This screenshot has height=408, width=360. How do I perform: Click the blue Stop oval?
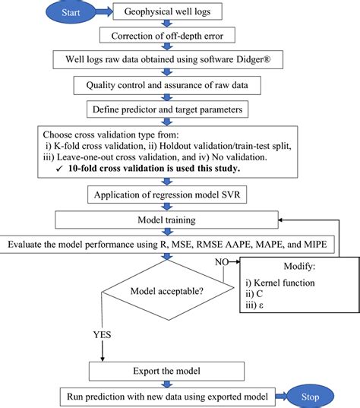coord(311,396)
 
